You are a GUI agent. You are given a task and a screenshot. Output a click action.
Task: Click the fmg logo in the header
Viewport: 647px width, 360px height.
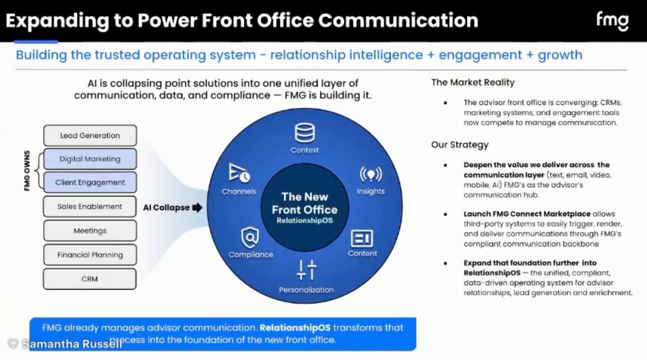click(x=612, y=21)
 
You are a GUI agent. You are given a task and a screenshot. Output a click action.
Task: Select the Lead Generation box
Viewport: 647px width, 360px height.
click(x=90, y=136)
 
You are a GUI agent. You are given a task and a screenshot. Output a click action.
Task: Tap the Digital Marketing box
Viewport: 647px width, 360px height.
click(x=90, y=159)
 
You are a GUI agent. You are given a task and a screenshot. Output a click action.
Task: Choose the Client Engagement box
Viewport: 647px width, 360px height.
click(x=90, y=183)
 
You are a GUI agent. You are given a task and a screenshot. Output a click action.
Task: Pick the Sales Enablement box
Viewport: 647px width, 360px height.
click(x=90, y=207)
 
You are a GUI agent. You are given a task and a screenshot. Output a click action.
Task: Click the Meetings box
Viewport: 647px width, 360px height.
click(x=90, y=231)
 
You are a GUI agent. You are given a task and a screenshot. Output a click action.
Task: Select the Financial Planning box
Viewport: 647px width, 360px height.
click(x=90, y=255)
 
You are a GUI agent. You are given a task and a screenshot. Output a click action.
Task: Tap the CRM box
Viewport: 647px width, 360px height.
click(x=90, y=279)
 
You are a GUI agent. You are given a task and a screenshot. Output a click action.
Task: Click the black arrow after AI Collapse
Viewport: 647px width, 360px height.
click(x=197, y=207)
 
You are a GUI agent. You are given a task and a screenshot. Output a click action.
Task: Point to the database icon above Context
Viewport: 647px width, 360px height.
click(x=304, y=133)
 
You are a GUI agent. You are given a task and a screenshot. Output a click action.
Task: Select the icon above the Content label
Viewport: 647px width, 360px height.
click(x=362, y=238)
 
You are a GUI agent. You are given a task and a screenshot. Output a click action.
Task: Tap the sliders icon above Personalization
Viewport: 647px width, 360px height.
click(x=306, y=270)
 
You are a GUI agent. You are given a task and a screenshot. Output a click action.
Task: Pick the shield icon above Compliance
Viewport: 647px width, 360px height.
click(x=250, y=237)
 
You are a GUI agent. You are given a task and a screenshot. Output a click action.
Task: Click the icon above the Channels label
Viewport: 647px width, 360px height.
click(x=239, y=173)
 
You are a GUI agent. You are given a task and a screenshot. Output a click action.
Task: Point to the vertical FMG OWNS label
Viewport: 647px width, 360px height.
click(x=27, y=171)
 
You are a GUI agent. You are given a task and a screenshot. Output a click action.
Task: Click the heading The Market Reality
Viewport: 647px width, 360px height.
click(x=473, y=83)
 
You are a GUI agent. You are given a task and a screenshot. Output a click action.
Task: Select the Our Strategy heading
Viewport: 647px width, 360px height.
click(x=460, y=145)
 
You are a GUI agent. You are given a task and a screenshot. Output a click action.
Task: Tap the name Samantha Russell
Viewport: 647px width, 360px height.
click(x=72, y=344)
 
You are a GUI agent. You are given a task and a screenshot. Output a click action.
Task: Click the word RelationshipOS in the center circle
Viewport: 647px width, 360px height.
click(x=304, y=221)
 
